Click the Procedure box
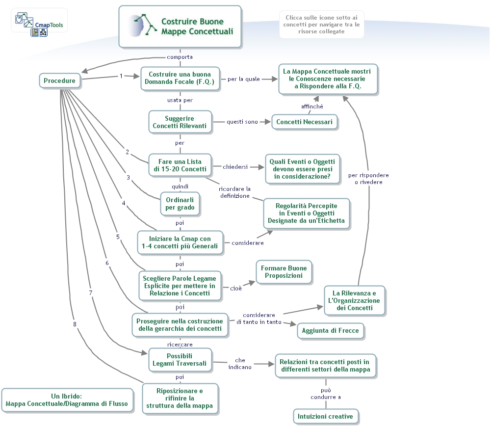pyautogui.click(x=59, y=81)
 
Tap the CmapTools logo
pyautogui.click(x=39, y=22)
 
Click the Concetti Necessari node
pyautogui.click(x=304, y=122)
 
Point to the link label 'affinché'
pyautogui.click(x=312, y=107)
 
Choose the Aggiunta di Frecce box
pyautogui.click(x=330, y=330)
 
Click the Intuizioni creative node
pyautogui.click(x=325, y=416)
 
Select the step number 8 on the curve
pyautogui.click(x=75, y=323)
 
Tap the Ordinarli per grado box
pyautogui.click(x=180, y=203)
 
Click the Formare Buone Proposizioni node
pyautogui.click(x=284, y=272)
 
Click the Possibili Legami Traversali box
pyautogui.click(x=180, y=360)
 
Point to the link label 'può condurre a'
pyautogui.click(x=326, y=394)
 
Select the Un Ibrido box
pyautogui.click(x=67, y=400)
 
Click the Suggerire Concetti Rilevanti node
pyautogui.click(x=180, y=122)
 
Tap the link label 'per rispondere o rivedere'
pyautogui.click(x=368, y=178)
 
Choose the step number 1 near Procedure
pyautogui.click(x=121, y=76)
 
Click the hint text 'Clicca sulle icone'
pyautogui.click(x=322, y=25)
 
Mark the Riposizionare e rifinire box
pyautogui.click(x=180, y=398)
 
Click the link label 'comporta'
pyautogui.click(x=180, y=57)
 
